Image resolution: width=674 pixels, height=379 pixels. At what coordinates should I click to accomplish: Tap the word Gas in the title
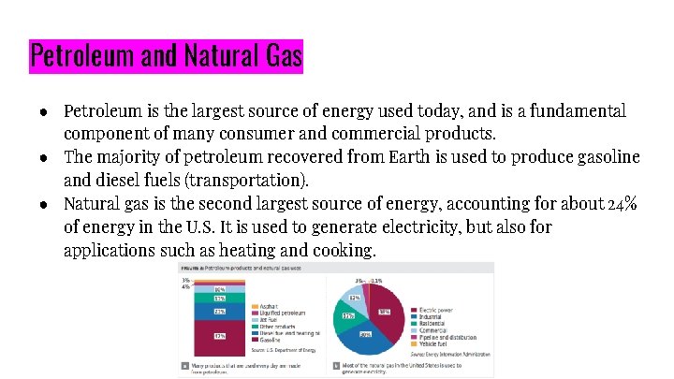point(279,57)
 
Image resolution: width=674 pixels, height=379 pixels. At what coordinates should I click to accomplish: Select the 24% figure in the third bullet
point(623,203)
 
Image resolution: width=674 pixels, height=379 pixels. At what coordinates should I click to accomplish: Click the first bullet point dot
point(44,111)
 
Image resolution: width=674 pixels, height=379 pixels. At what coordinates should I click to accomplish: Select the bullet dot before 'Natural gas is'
point(44,203)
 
